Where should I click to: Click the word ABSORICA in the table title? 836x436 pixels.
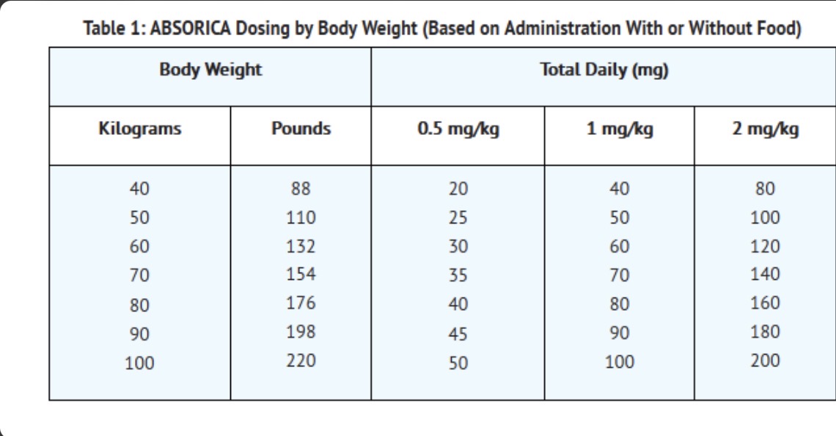190,28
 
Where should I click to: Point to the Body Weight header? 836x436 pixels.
210,70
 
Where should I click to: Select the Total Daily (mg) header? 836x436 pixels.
604,70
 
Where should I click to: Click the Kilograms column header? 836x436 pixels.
139,129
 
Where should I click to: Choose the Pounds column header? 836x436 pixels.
301,128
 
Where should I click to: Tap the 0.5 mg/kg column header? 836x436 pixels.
458,129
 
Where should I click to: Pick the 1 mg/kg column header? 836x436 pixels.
620,129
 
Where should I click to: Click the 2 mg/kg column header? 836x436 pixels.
765,129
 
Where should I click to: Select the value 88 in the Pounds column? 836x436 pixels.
301,188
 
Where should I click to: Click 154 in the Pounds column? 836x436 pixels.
301,274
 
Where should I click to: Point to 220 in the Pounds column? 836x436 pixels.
301,361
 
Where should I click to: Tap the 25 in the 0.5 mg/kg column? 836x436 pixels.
458,218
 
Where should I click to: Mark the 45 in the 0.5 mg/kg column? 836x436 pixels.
458,333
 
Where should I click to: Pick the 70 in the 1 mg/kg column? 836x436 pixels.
620,275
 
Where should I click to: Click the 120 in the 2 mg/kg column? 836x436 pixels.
765,246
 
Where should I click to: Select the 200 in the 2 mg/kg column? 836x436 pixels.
765,361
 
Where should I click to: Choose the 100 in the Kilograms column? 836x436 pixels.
139,363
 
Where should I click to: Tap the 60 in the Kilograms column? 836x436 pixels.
139,246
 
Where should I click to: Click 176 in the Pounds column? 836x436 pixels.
301,303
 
